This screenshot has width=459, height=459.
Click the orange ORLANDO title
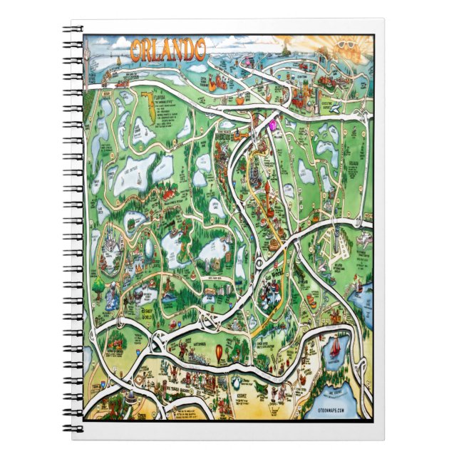pos(169,50)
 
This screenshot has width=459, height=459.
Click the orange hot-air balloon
pos(221,353)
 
